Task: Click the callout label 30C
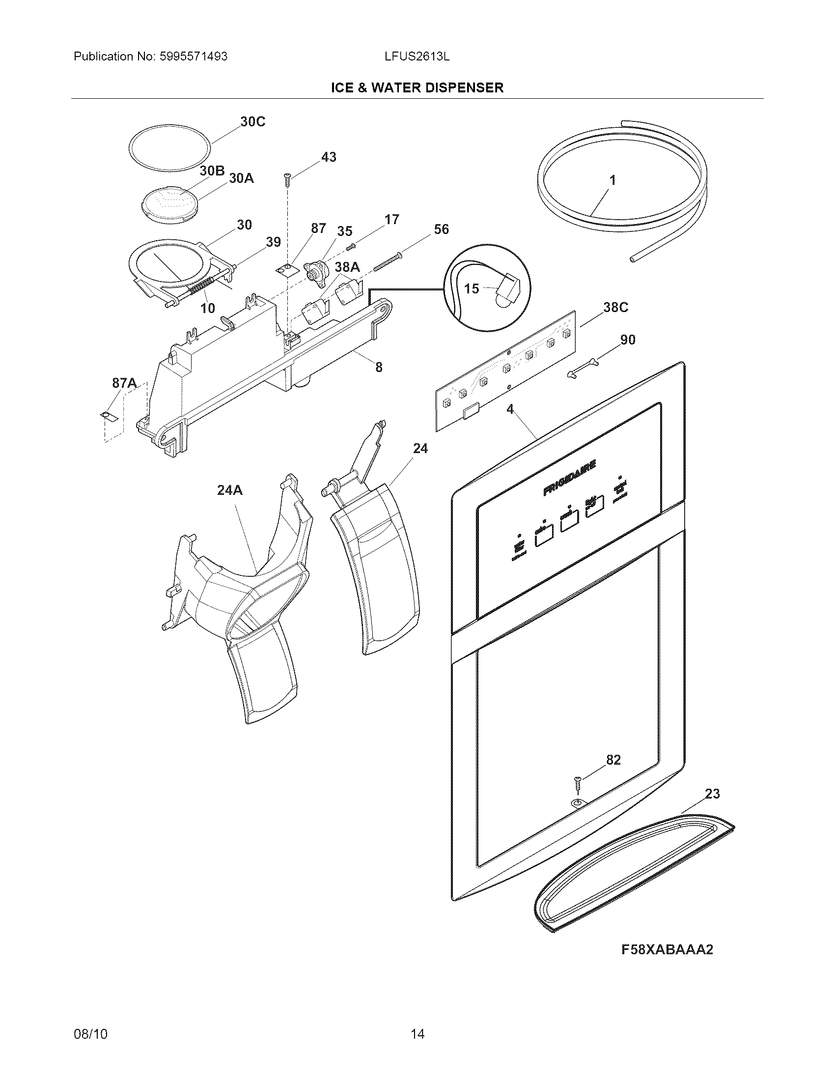252,122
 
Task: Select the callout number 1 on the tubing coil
612,180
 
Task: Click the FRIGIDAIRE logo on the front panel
570,478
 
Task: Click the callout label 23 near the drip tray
712,794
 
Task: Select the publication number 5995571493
194,57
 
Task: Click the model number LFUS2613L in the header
417,57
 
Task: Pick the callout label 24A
229,490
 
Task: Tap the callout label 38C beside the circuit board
615,308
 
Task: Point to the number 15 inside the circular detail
472,288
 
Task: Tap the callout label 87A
124,383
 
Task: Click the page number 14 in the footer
417,1020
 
